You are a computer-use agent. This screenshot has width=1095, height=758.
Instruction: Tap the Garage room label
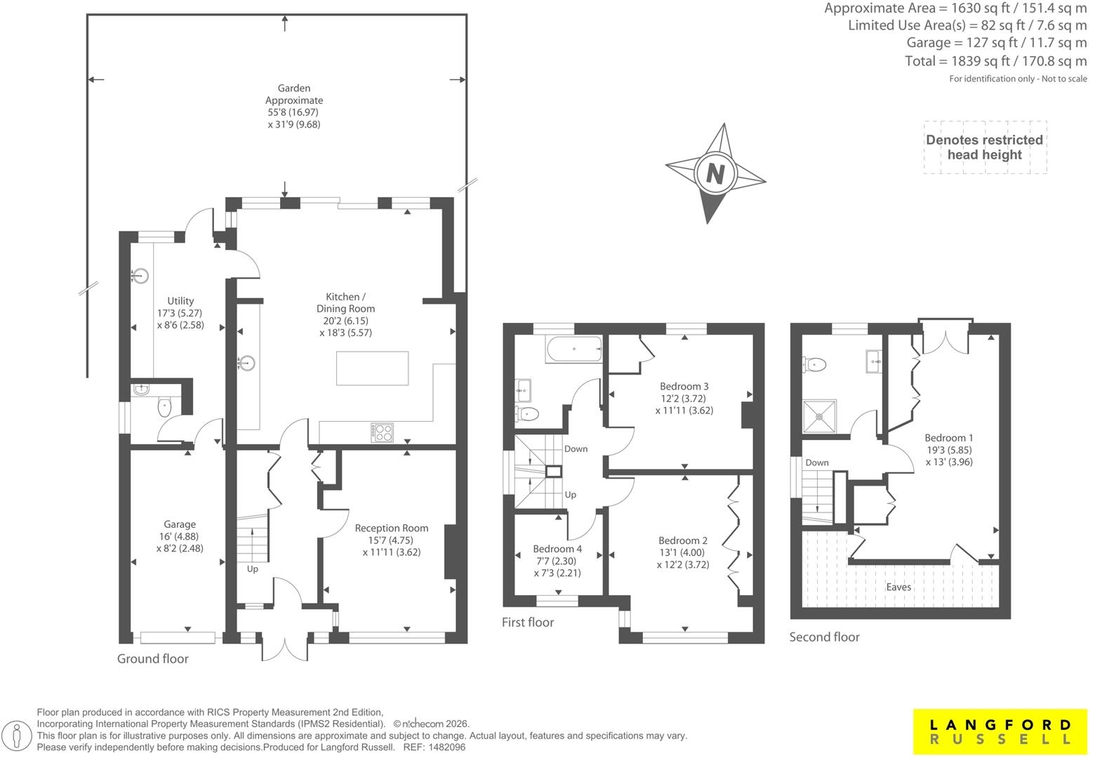pyautogui.click(x=180, y=524)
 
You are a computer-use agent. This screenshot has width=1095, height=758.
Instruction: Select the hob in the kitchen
pyautogui.click(x=382, y=432)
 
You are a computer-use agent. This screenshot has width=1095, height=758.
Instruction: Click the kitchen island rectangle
pyautogui.click(x=372, y=368)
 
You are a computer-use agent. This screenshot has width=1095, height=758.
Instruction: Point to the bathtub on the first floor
pyautogui.click(x=574, y=349)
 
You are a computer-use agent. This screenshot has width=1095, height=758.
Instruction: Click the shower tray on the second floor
pyautogui.click(x=820, y=417)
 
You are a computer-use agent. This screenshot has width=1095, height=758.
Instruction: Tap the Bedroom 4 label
pyautogui.click(x=557, y=549)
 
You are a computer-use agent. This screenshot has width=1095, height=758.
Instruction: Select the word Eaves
pyautogui.click(x=898, y=587)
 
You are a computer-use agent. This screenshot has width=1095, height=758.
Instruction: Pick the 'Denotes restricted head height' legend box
pyautogui.click(x=985, y=147)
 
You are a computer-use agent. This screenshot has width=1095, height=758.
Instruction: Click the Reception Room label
pyautogui.click(x=392, y=528)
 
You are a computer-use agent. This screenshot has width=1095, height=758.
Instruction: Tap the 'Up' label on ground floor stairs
pyautogui.click(x=252, y=569)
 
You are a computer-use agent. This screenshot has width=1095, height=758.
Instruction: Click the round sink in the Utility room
pyautogui.click(x=140, y=276)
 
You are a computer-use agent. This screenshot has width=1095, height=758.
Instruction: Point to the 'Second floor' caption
pyautogui.click(x=824, y=637)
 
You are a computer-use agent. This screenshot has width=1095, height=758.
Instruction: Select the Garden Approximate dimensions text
pyautogui.click(x=294, y=119)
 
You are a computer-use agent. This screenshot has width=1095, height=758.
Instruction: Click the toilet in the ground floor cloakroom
pyautogui.click(x=165, y=407)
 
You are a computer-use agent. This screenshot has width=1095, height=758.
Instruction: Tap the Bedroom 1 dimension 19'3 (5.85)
pyautogui.click(x=949, y=450)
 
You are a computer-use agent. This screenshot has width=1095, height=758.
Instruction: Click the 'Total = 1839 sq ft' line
pyautogui.click(x=996, y=61)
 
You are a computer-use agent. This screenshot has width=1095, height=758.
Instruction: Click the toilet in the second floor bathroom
pyautogui.click(x=814, y=364)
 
